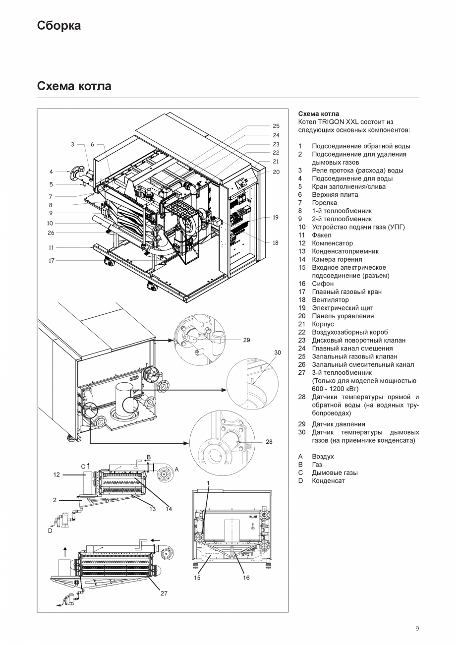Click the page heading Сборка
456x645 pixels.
click(58, 26)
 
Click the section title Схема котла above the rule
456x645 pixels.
click(74, 86)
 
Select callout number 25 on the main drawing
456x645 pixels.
click(276, 126)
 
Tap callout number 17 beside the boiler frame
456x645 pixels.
click(52, 260)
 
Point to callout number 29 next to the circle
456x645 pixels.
click(246, 340)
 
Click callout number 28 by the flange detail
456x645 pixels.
click(269, 441)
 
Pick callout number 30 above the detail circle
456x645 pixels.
click(278, 352)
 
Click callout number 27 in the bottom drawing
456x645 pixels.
click(164, 593)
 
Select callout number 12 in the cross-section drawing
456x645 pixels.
click(57, 474)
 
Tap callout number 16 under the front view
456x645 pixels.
click(246, 578)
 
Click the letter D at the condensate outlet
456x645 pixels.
click(50, 530)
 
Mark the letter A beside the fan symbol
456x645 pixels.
click(177, 469)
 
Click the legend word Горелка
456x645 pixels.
click(324, 203)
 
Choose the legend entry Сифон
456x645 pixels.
click(323, 284)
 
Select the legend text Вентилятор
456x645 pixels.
click(330, 300)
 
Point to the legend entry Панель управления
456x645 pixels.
click(342, 316)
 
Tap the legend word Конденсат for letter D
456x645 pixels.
click(328, 480)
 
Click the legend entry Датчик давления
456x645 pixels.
click(338, 424)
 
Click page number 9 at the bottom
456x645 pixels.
click(417, 629)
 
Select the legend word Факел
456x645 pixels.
click(322, 235)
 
